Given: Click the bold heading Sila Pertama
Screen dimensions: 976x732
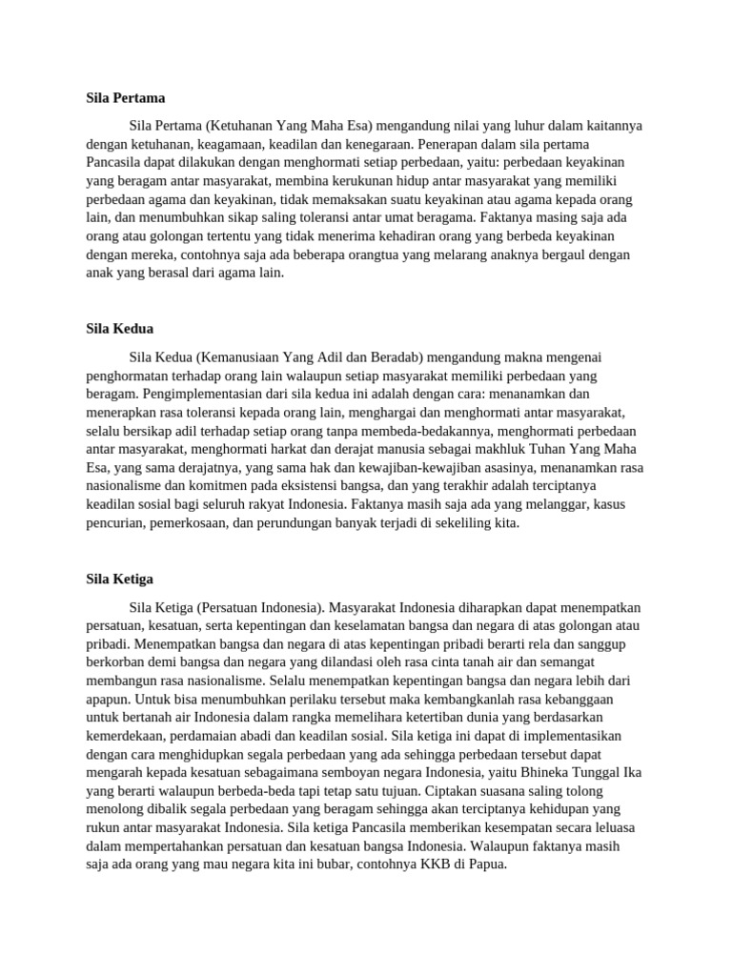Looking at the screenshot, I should (126, 97).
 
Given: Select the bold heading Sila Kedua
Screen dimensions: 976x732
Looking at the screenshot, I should (119, 328).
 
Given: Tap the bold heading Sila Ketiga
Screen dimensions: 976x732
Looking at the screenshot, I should (119, 579).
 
